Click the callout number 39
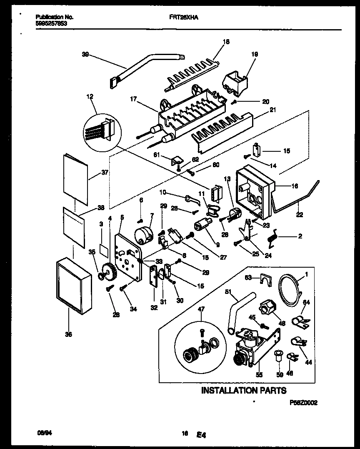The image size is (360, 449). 85,54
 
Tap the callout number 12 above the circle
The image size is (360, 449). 90,96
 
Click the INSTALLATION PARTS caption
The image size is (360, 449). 244,391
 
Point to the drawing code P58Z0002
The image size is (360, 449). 303,403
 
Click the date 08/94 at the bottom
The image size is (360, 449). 41,434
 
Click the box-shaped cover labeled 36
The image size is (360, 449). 73,284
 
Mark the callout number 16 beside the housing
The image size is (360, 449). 295,186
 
